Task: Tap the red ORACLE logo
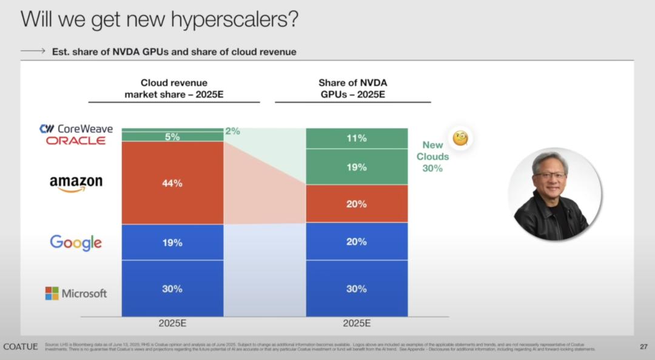(x=76, y=141)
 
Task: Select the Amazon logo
(x=76, y=184)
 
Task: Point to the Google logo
(x=76, y=242)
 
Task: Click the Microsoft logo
(x=76, y=293)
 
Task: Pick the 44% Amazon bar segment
(x=172, y=183)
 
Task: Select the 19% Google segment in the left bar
(x=172, y=242)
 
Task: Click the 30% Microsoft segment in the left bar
(x=172, y=288)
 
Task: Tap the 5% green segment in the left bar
(x=172, y=137)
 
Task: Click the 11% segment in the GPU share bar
(x=357, y=138)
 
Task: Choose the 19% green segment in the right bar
(x=357, y=167)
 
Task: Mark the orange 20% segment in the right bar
(x=357, y=204)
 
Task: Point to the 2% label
(x=232, y=131)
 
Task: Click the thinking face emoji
(x=460, y=138)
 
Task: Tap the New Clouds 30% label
(x=432, y=156)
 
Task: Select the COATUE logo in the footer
(x=21, y=347)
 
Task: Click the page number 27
(x=643, y=347)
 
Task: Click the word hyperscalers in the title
(x=226, y=19)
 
